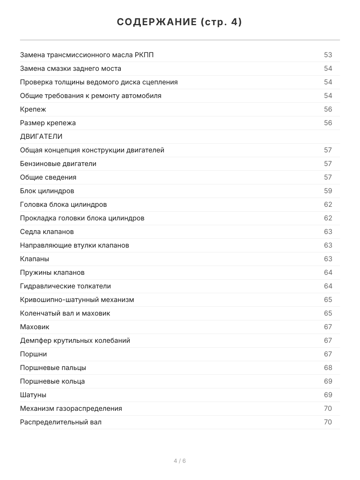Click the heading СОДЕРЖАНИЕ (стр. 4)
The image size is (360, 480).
180,22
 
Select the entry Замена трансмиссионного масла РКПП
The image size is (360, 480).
87,55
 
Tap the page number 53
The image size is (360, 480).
328,55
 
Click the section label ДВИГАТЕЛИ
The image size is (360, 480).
41,136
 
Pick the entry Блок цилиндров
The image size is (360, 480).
47,191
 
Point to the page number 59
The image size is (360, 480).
328,191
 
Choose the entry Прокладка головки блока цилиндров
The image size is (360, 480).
82,218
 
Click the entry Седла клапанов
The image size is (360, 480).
47,232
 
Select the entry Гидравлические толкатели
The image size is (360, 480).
65,286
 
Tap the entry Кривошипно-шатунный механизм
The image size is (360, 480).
77,300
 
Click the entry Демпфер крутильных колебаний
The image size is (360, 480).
75,340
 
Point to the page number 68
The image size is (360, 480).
328,368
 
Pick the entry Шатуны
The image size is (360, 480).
33,395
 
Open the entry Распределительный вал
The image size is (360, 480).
61,422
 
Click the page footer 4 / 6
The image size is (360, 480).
180,461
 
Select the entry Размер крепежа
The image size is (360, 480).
48,123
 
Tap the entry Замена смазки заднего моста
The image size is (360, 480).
70,68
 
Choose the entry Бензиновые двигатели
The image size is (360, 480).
58,164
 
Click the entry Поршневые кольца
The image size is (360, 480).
52,381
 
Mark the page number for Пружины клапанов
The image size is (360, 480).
328,272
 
